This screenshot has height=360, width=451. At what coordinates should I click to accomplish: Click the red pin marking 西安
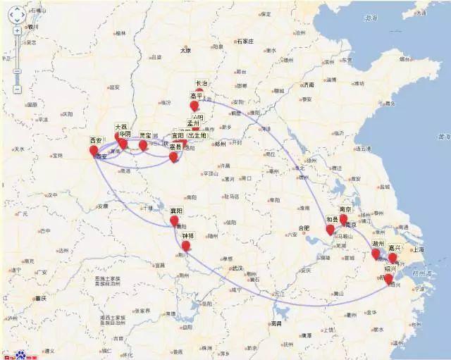[x=94, y=150]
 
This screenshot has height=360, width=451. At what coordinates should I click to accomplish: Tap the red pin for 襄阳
[x=174, y=221]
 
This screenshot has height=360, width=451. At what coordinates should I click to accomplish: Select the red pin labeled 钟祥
[x=186, y=246]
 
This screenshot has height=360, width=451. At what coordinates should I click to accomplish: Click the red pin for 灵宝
[x=143, y=144]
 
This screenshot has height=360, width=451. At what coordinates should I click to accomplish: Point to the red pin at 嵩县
[x=173, y=156]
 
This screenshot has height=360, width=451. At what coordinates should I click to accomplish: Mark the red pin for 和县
[x=330, y=229]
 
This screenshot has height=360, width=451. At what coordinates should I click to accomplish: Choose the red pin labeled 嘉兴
[x=393, y=258]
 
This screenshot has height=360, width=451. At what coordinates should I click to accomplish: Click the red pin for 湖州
[x=376, y=254]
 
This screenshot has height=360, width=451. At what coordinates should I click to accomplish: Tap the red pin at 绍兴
[x=388, y=278]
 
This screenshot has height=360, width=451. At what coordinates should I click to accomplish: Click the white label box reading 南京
[x=345, y=209]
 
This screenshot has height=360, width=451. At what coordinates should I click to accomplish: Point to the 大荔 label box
[x=121, y=128]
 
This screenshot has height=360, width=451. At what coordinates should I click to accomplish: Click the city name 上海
[x=419, y=249]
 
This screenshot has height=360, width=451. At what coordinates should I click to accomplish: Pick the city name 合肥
[x=304, y=228]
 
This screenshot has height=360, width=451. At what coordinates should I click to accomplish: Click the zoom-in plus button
[x=17, y=31]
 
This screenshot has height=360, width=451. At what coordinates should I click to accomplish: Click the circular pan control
[x=17, y=13]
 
